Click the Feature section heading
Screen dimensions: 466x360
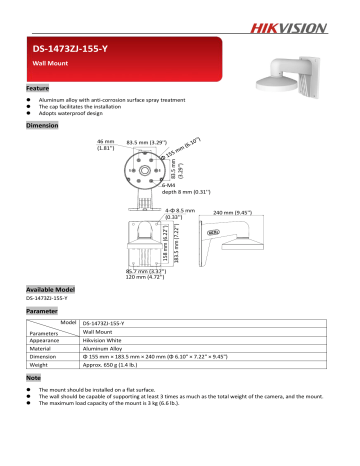click(x=37, y=88)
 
